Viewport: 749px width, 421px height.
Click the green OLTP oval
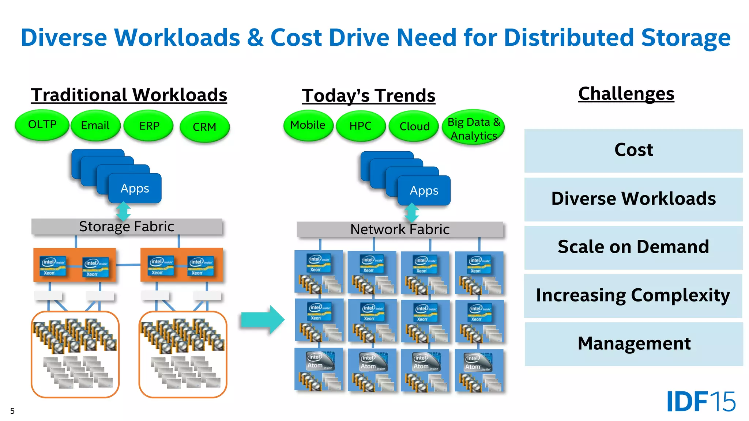[x=42, y=125]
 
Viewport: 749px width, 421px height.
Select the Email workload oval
[x=95, y=126]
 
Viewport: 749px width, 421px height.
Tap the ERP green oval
[x=149, y=126]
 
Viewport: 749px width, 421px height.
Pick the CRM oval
[x=204, y=127]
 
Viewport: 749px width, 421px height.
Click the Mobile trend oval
[x=308, y=125]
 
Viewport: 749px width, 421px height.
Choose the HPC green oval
[x=361, y=126]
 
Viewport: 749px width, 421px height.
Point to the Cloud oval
[x=414, y=126]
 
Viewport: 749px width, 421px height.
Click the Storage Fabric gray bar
[x=127, y=227]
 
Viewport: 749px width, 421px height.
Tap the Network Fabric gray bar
[x=400, y=230]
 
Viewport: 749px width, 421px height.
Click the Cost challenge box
[x=633, y=150]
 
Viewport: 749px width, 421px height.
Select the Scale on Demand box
[x=633, y=247]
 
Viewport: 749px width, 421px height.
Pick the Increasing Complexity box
[x=633, y=296]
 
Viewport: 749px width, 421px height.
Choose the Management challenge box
[x=634, y=344]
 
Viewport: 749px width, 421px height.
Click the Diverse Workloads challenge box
[x=633, y=199]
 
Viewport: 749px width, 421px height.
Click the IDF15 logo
[x=701, y=402]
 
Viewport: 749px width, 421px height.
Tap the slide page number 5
[x=12, y=411]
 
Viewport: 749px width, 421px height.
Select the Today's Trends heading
[x=369, y=96]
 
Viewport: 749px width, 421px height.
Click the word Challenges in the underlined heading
[x=626, y=94]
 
